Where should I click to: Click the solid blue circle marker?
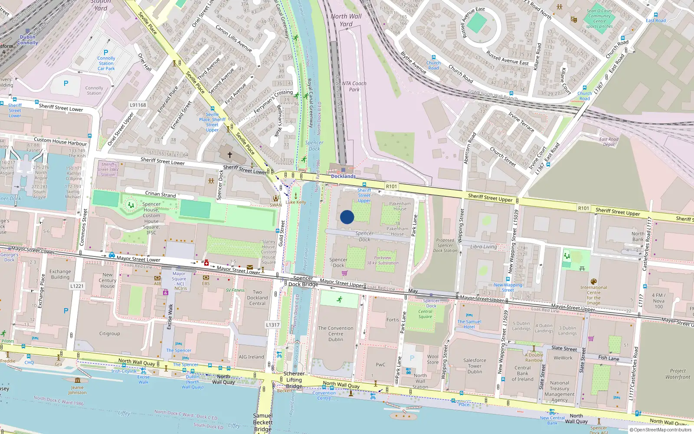point(347,217)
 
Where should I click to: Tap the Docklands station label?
point(343,176)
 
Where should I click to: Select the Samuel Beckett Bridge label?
point(263,422)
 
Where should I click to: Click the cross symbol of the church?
point(230,154)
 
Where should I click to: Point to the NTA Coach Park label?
point(354,86)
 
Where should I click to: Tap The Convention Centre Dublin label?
point(336,334)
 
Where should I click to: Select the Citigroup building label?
point(109,334)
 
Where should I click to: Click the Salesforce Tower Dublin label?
point(475,366)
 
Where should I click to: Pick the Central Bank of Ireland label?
point(522,373)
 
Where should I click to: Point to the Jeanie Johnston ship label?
point(77,390)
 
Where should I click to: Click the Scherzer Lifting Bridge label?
point(294,380)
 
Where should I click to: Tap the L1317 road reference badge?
point(273,325)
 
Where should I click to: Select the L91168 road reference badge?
point(138,105)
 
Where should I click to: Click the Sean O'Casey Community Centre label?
point(599,19)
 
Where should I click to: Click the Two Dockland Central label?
point(257,298)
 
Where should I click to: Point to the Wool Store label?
point(432,359)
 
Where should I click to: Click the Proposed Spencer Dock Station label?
point(445,245)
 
